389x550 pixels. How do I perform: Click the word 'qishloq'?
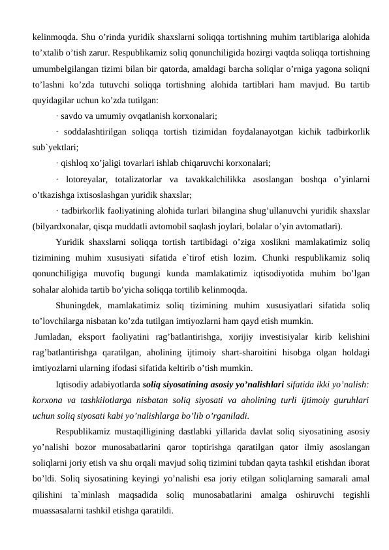(x=75, y=162)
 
